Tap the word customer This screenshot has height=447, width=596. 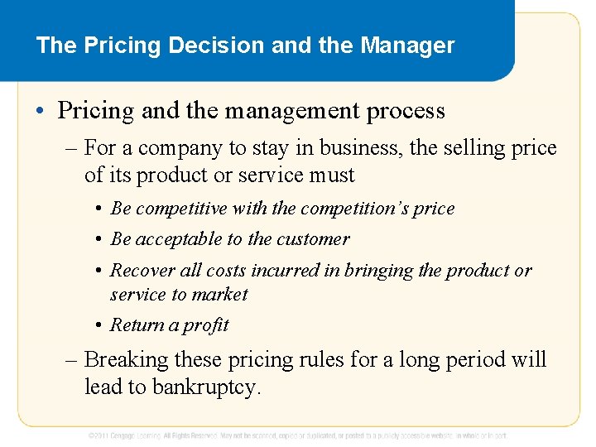pyautogui.click(x=311, y=239)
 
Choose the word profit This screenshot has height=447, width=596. pyautogui.click(x=206, y=325)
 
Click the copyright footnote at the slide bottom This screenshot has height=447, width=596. pyautogui.click(x=298, y=435)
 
